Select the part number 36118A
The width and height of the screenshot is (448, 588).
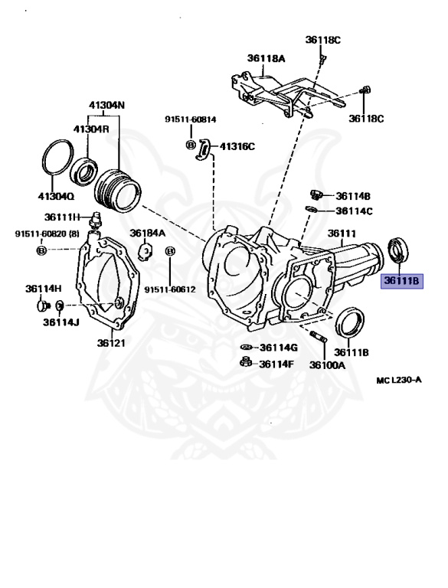pos(266,57)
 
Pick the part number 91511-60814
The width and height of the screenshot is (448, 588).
pos(190,120)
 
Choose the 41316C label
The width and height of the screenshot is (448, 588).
pos(237,146)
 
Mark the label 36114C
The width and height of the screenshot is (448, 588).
pos(353,211)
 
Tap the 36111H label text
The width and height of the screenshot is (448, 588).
pos(61,217)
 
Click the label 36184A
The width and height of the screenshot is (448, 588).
pos(146,233)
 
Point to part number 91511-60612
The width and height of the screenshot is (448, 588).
pos(170,289)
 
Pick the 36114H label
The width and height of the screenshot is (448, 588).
pos(43,289)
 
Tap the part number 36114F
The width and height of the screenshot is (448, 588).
pos(276,364)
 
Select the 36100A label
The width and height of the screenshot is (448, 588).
pos(327,365)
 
